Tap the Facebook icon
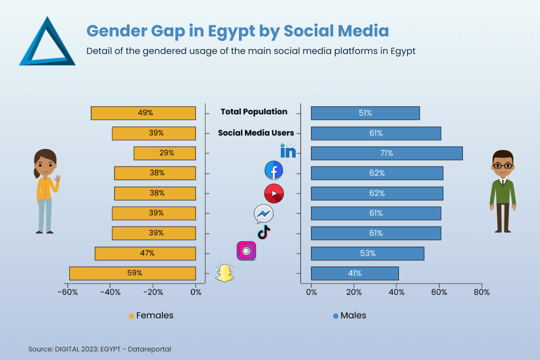(274, 171)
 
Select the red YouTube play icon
(274, 193)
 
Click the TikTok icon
(264, 233)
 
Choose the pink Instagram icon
(246, 251)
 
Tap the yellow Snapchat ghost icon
(225, 273)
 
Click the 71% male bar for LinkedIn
(387, 153)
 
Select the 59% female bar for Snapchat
(132, 273)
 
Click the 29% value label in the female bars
(166, 153)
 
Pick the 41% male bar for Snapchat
(355, 273)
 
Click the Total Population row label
(254, 112)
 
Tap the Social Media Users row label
(256, 133)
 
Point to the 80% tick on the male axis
(481, 292)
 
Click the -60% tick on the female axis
(68, 292)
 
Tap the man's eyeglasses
(503, 166)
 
